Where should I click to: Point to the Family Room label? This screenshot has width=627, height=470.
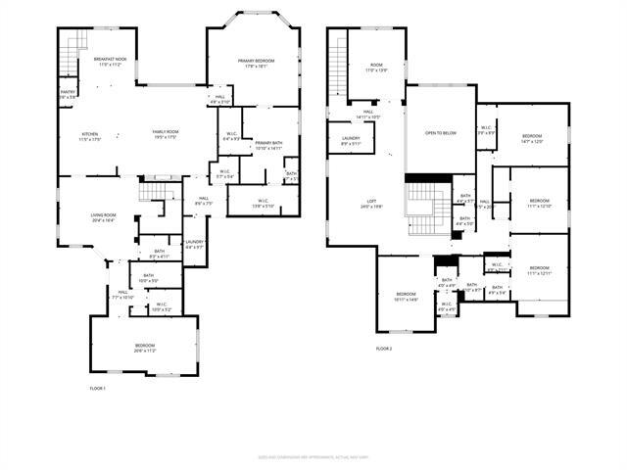pos(165,133)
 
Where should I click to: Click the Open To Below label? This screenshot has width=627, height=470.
pos(440,133)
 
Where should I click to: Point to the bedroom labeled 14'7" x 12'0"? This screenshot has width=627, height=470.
pos(531,138)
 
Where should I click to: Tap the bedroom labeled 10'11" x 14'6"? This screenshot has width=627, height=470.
pos(407,296)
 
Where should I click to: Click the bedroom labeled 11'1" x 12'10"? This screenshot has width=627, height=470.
pos(540,203)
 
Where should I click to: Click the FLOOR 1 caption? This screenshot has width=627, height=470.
pos(97,389)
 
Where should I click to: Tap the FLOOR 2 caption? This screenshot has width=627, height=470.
pos(383,349)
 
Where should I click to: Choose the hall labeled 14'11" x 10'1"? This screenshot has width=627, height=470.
pos(368,115)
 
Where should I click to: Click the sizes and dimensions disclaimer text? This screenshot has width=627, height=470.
pos(313,456)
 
